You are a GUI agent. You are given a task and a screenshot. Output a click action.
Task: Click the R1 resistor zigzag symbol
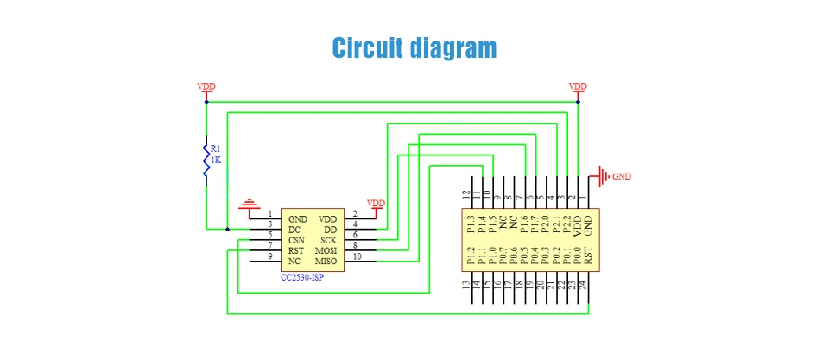click(x=206, y=159)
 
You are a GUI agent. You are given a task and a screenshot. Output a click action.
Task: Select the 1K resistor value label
click(x=217, y=161)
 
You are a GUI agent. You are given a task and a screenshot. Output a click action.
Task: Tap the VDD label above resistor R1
click(x=206, y=86)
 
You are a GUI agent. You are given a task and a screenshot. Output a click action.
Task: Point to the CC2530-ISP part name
click(x=303, y=277)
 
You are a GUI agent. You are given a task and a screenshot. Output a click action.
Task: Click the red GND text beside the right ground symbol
click(x=622, y=176)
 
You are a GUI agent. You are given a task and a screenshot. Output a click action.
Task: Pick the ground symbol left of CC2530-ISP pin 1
click(x=250, y=205)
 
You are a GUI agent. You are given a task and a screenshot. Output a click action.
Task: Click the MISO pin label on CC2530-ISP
click(x=326, y=261)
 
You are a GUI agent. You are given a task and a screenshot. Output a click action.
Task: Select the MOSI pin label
click(x=326, y=250)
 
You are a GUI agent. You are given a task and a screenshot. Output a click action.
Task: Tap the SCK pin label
click(x=328, y=240)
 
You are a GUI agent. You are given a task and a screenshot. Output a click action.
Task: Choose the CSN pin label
click(x=297, y=240)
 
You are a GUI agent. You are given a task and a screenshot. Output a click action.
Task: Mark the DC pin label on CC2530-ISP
click(x=294, y=230)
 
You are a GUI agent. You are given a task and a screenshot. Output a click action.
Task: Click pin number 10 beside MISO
click(x=357, y=256)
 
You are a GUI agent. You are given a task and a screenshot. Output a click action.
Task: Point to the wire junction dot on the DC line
click(x=227, y=229)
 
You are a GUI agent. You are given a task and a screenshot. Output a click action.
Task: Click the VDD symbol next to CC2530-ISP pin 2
click(x=377, y=205)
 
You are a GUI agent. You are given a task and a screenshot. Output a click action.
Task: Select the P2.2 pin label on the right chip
click(x=566, y=224)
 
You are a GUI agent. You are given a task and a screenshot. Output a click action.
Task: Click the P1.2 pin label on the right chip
click(x=470, y=256)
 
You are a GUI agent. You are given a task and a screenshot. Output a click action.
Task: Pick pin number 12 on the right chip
click(x=466, y=195)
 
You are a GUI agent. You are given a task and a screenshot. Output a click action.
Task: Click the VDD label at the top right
click(x=578, y=86)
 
